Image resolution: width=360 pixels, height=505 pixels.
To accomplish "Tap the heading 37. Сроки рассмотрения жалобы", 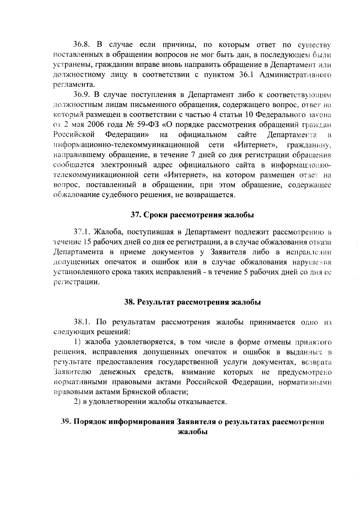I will click(x=192, y=215).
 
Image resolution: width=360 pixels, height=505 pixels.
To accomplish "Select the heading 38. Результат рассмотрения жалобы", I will click(x=192, y=302).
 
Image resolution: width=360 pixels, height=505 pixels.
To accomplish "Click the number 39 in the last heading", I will click(x=65, y=421).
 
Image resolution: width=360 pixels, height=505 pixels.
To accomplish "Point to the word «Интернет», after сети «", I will click(x=255, y=145).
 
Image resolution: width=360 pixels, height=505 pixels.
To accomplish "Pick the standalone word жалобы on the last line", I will click(x=192, y=432).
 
